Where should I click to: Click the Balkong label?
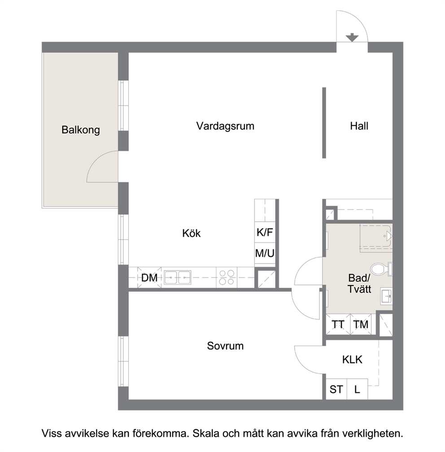click(81, 130)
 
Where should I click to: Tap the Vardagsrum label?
click(225, 126)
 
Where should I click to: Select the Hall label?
click(359, 126)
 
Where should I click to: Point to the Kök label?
click(192, 233)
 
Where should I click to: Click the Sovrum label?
click(225, 346)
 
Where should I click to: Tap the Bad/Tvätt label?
click(359, 283)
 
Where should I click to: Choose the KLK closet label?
click(352, 360)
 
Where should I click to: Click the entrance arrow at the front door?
click(352, 37)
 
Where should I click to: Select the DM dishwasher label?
click(149, 278)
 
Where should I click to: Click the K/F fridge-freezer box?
click(265, 232)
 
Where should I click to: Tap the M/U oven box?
click(265, 254)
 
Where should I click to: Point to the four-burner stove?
click(227, 277)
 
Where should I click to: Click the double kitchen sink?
click(178, 277)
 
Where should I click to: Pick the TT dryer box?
click(338, 324)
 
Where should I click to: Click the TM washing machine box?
click(361, 324)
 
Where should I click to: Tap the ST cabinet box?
click(336, 389)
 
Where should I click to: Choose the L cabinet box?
click(358, 389)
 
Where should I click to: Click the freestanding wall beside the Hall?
click(324, 123)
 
